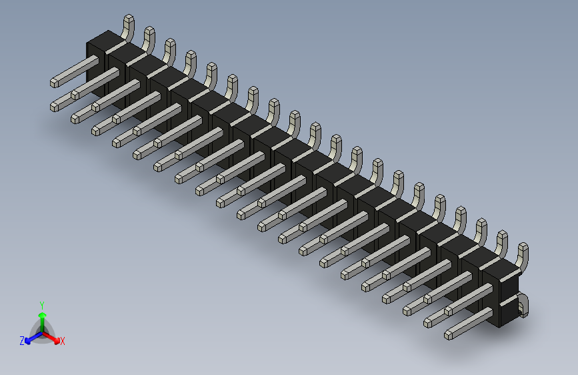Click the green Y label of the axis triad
coord(41,304)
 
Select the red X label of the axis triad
coord(63,341)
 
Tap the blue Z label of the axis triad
coord(22,341)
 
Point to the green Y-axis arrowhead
coord(42,314)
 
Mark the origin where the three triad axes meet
coord(42,329)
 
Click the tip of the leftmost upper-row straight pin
coord(55,83)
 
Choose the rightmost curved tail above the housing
coord(522,256)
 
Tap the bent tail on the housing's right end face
coord(523,304)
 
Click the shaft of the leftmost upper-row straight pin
coord(77,72)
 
